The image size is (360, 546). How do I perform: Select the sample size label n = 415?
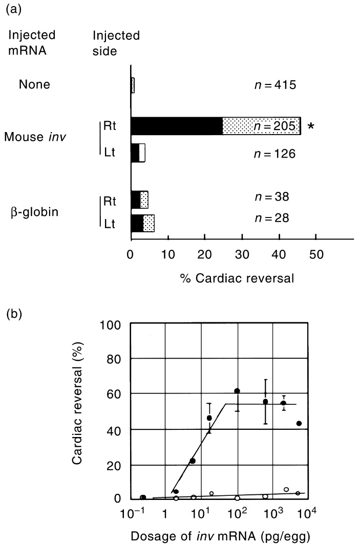[275, 84]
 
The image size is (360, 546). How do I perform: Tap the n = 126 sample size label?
[275, 153]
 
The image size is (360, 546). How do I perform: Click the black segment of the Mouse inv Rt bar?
[177, 125]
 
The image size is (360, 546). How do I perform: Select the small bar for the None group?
[133, 85]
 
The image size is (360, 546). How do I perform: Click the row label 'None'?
[34, 84]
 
